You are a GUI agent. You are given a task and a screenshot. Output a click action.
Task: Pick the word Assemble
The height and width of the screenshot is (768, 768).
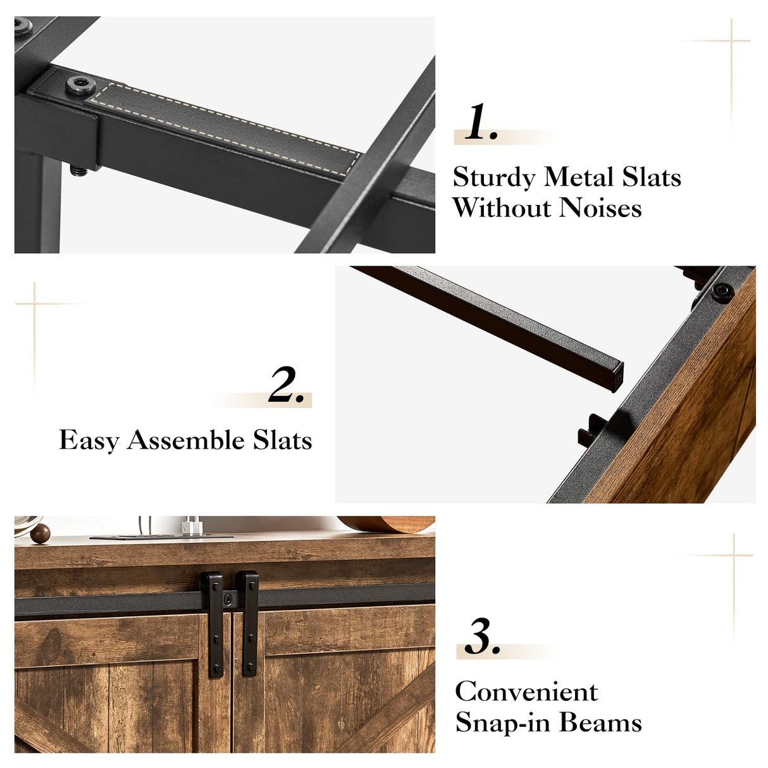pos(186,440)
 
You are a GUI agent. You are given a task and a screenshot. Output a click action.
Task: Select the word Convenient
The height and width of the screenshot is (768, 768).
pos(526,692)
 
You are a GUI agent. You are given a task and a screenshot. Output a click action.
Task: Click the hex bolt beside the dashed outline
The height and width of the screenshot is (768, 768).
pos(80,85)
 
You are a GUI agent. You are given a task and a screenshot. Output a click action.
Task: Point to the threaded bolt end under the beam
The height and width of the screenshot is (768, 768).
pos(79,171)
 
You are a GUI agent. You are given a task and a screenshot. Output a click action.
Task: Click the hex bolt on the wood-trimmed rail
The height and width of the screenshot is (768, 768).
pos(722,292)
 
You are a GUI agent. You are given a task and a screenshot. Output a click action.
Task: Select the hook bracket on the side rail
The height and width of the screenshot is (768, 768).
pos(591,430)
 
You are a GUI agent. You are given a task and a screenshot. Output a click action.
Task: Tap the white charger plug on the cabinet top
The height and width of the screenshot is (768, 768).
pos(192,526)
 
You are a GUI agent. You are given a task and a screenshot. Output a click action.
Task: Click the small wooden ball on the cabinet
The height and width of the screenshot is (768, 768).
pos(40,534)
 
